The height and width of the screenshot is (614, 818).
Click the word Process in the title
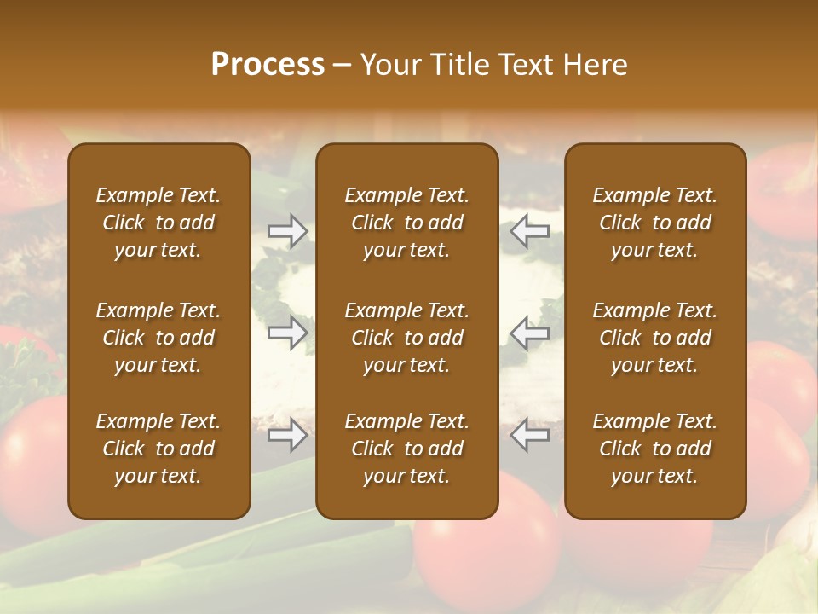pyautogui.click(x=268, y=65)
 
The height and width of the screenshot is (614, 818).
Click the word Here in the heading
pyautogui.click(x=596, y=65)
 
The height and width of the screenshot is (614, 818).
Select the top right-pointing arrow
pyautogui.click(x=287, y=231)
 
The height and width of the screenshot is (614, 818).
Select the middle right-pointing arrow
pyautogui.click(x=287, y=332)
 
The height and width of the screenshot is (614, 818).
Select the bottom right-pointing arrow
pyautogui.click(x=287, y=435)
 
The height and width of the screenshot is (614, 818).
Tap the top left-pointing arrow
pyautogui.click(x=530, y=231)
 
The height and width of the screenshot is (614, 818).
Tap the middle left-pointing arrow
pyautogui.click(x=530, y=332)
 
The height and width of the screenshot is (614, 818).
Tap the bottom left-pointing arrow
pyautogui.click(x=530, y=435)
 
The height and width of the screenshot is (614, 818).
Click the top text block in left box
pyautogui.click(x=158, y=223)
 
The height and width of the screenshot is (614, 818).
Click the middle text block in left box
pyautogui.click(x=158, y=338)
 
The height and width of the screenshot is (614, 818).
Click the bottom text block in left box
pyautogui.click(x=158, y=449)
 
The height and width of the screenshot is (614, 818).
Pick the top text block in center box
pyautogui.click(x=406, y=223)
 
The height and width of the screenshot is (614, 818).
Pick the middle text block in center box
pyautogui.click(x=406, y=338)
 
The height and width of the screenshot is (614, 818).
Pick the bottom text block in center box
pyautogui.click(x=406, y=449)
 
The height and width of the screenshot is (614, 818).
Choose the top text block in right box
pyautogui.click(x=654, y=223)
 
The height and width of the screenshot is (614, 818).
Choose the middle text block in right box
pyautogui.click(x=654, y=338)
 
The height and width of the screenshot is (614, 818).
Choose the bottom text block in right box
pyautogui.click(x=654, y=449)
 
